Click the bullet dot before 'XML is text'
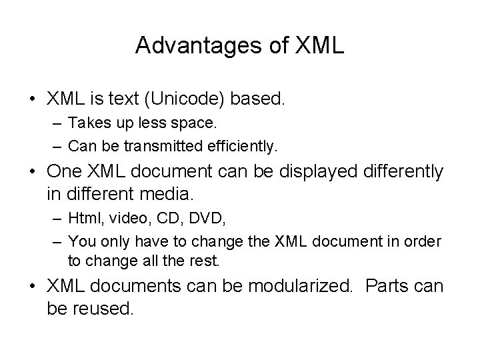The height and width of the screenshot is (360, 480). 32,99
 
